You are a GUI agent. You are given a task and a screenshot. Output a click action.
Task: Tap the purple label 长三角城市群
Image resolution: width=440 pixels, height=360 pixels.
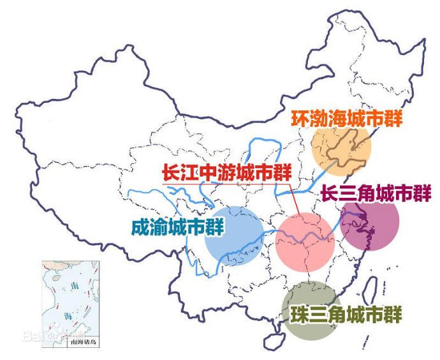click(x=376, y=193)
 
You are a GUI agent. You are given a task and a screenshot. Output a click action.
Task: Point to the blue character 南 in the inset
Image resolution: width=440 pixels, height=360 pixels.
click(x=75, y=286)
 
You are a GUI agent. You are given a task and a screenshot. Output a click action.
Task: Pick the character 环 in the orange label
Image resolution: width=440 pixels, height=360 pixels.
click(x=300, y=119)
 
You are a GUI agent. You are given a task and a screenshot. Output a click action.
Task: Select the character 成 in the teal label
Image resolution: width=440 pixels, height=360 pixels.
click(x=138, y=228)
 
